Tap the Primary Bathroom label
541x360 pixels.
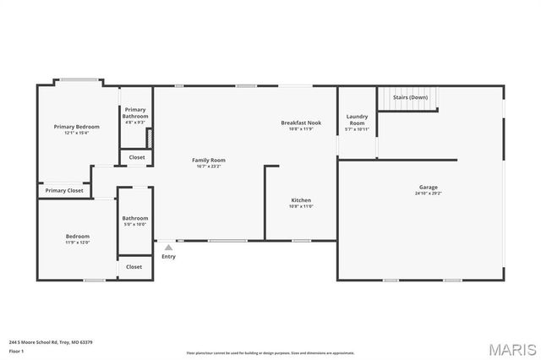pos(135,113)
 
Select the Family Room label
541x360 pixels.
pos(208,160)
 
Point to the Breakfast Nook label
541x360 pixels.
pos(301,123)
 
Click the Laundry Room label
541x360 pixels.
pos(357,120)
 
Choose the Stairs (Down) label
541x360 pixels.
pos(411,97)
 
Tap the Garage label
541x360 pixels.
pos(428,187)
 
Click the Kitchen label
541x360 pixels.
pos(301,200)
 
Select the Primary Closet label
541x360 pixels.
pos(64,191)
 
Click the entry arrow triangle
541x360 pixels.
pos(168,248)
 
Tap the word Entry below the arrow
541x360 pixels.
pos(169,257)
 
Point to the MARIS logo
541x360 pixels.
pos(511,348)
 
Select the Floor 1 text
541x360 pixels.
pos(16,351)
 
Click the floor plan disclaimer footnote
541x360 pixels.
pos(270,352)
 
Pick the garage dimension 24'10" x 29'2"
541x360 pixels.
pos(428,194)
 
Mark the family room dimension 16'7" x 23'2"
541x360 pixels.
pos(208,166)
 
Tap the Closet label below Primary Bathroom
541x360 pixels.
pos(136,157)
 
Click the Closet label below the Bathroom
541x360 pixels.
pos(134,267)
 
